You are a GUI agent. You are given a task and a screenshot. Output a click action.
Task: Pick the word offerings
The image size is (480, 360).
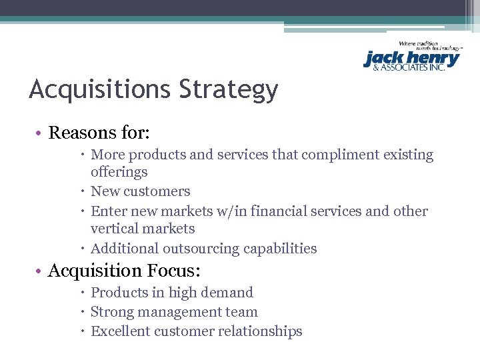click(x=119, y=172)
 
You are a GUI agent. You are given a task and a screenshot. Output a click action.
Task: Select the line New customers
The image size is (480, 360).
click(x=140, y=191)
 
